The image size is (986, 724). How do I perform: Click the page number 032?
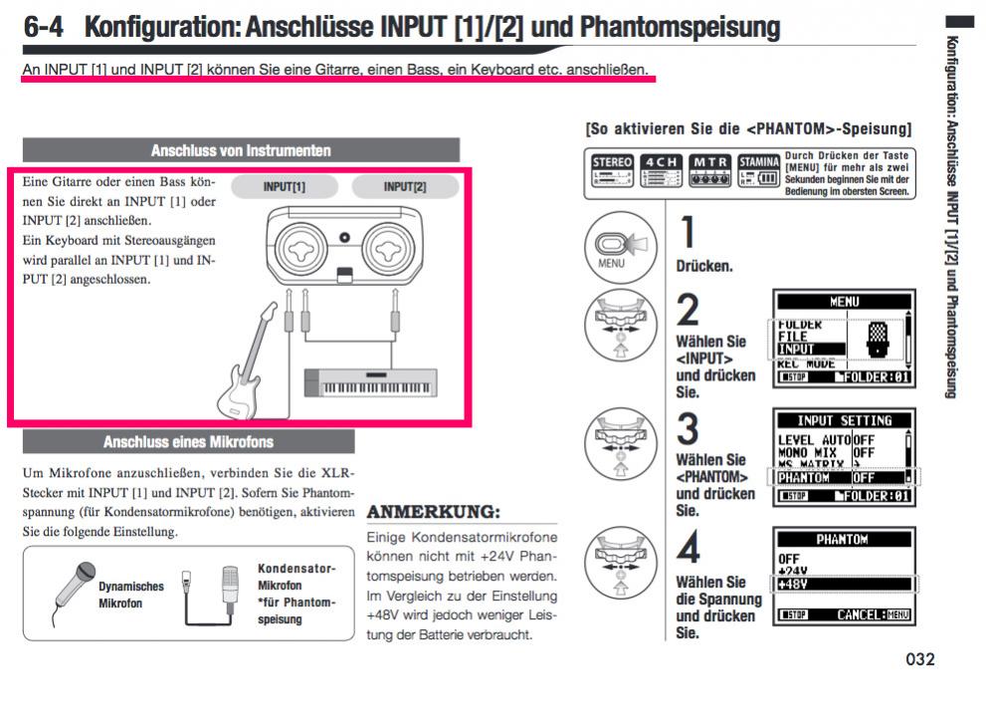click(x=920, y=659)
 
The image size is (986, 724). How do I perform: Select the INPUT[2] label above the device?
click(x=405, y=187)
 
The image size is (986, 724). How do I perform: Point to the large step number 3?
click(x=689, y=429)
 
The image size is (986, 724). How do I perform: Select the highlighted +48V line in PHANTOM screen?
click(x=841, y=584)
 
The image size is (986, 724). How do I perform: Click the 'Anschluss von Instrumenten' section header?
click(x=241, y=151)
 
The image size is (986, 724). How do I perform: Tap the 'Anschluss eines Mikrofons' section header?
click(x=188, y=441)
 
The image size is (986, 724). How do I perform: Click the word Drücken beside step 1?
click(x=702, y=268)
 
